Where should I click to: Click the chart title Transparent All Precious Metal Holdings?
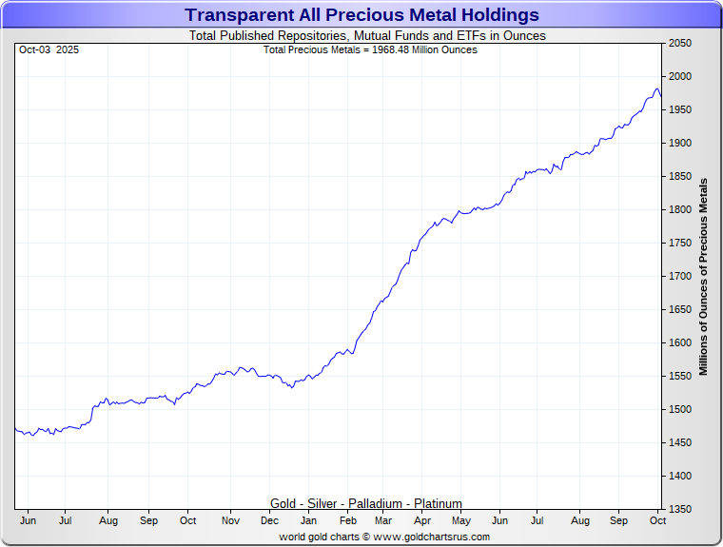tap(361, 15)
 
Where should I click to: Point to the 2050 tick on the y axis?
tap(679, 44)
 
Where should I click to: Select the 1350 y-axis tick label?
tap(679, 510)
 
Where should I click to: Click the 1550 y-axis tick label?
tap(679, 377)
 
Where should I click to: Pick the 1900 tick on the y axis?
tap(679, 144)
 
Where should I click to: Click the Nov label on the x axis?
tap(230, 521)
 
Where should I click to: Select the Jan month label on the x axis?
tap(309, 521)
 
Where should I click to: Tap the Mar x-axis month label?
tap(383, 521)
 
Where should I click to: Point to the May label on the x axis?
tap(461, 521)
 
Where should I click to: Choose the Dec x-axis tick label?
tap(269, 521)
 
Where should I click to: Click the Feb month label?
tap(348, 521)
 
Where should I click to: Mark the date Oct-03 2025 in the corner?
tap(49, 49)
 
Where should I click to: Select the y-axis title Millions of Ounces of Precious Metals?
tap(704, 276)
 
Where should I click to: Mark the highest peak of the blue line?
tap(656, 88)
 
